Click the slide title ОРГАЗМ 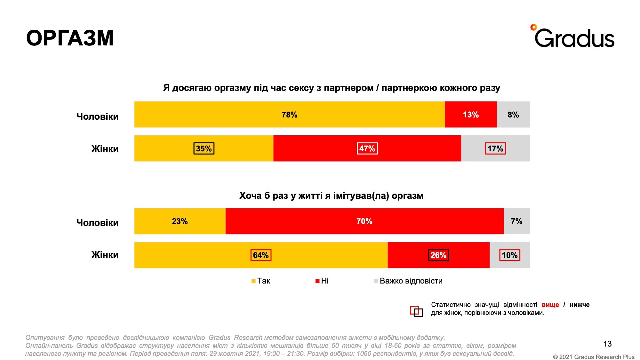click(x=70, y=38)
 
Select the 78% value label click(x=289, y=115)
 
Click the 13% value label click(x=471, y=115)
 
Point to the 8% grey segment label click(x=513, y=115)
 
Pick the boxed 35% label click(x=204, y=148)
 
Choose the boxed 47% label click(x=367, y=148)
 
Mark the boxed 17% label click(x=495, y=148)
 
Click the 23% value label click(x=180, y=221)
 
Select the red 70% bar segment click(x=364, y=221)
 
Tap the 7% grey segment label click(x=516, y=221)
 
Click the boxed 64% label click(x=261, y=255)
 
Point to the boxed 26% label click(x=438, y=255)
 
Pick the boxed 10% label click(x=509, y=255)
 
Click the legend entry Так click(x=261, y=281)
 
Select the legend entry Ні click(x=322, y=281)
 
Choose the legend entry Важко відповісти click(x=409, y=281)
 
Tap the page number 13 click(x=607, y=344)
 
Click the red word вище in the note click(x=550, y=305)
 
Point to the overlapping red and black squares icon click(x=416, y=311)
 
